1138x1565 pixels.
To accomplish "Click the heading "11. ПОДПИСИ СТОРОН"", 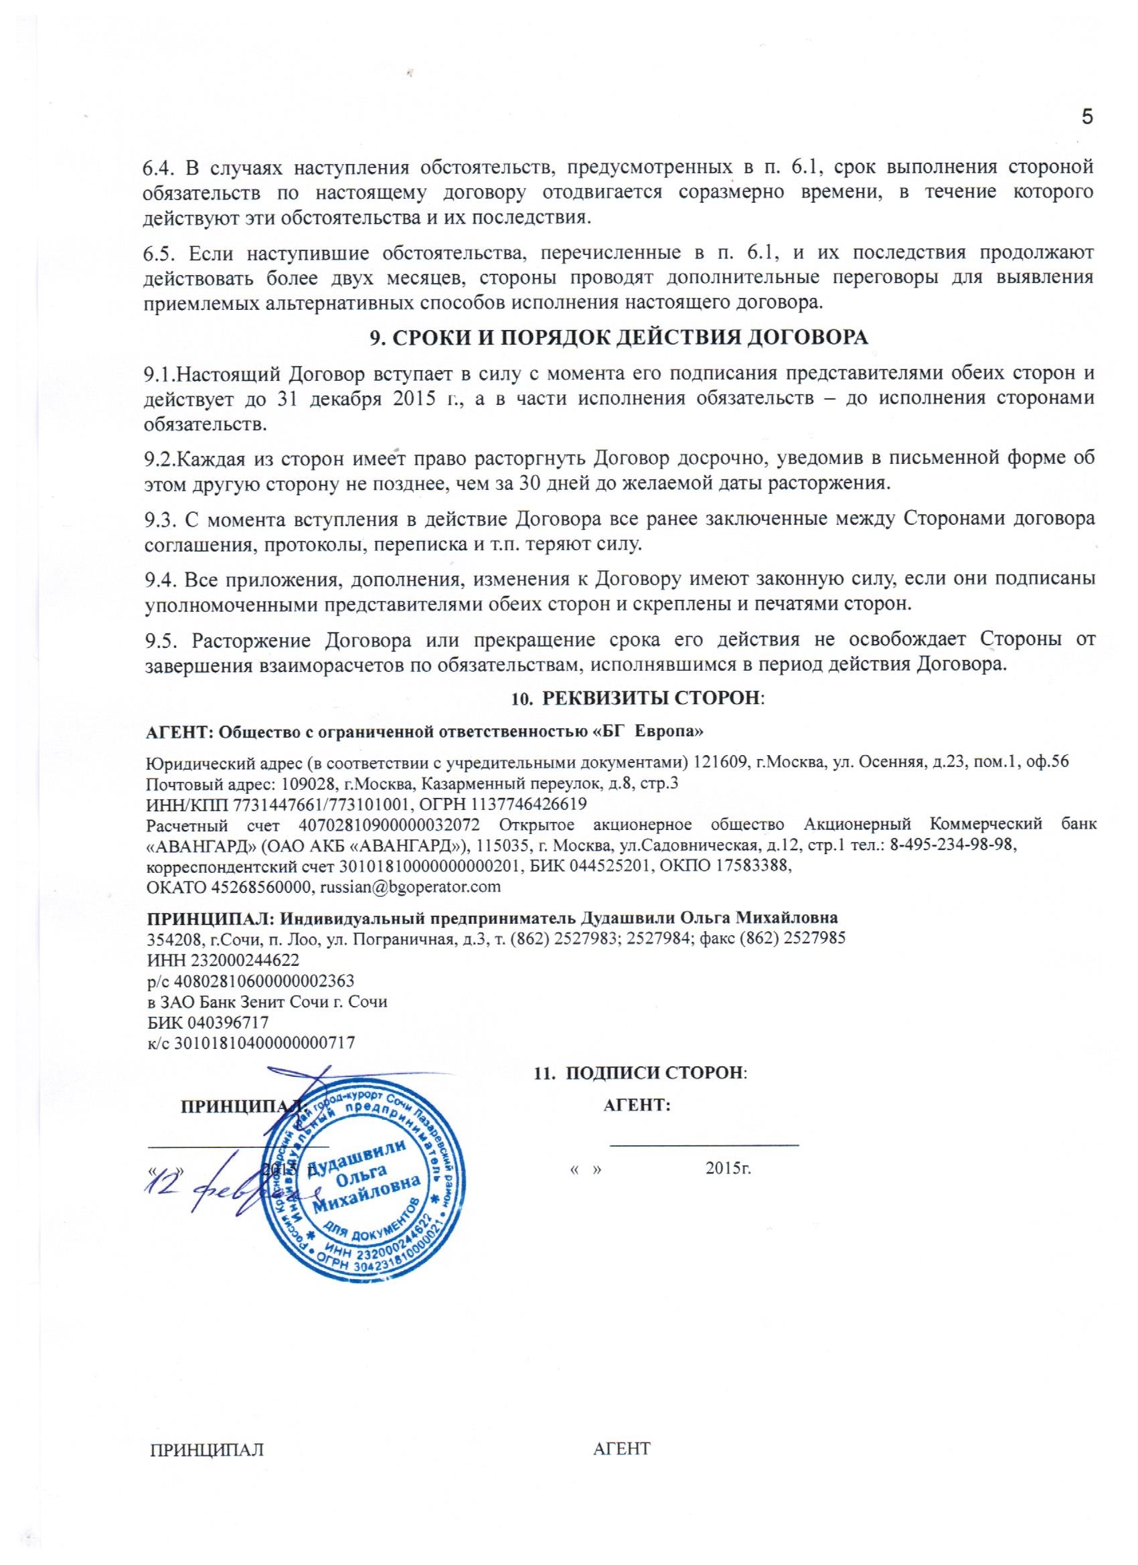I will tap(641, 1073).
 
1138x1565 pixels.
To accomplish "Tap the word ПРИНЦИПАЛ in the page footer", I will tap(207, 1482).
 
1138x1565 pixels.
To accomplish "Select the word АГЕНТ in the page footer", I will tap(622, 1482).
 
